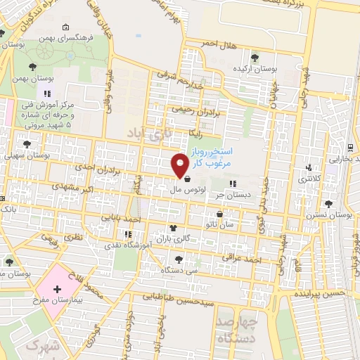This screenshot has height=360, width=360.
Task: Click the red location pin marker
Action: tap(180, 165)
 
